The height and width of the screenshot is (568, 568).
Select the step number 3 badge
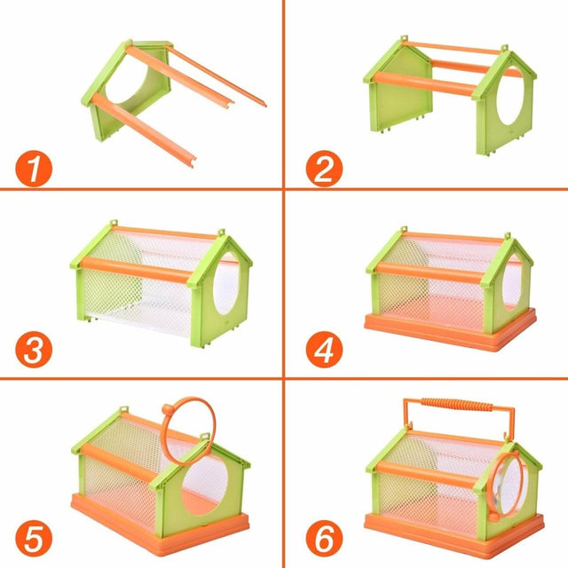pyautogui.click(x=32, y=351)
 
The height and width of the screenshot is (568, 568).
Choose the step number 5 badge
pyautogui.click(x=32, y=538)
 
